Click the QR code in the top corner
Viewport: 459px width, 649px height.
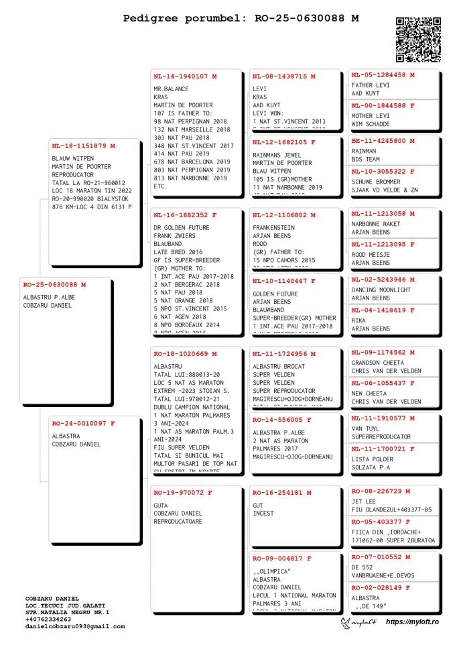coord(418,40)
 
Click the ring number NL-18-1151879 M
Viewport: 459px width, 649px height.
coord(83,146)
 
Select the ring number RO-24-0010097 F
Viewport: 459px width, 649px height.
coord(83,423)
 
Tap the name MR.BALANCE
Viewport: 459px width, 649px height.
coord(171,89)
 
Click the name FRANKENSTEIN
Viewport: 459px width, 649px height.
coord(274,228)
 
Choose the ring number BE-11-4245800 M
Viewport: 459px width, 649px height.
coord(383,141)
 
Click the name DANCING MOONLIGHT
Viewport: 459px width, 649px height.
coord(381,290)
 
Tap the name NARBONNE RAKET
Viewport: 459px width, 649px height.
coord(375,224)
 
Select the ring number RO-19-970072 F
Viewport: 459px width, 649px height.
coord(182,493)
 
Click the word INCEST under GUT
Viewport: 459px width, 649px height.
coord(263,514)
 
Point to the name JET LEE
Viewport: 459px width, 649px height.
coord(363,501)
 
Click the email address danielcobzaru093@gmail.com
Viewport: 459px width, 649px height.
coord(75,626)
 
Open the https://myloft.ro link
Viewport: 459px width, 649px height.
coord(412,623)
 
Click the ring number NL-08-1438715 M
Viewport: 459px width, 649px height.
coord(283,76)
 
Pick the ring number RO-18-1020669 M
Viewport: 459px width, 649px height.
coord(185,354)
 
